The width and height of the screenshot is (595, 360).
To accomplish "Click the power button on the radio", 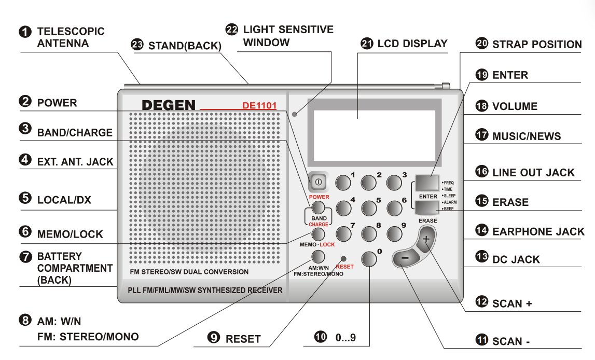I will (318, 183).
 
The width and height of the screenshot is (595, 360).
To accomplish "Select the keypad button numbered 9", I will (395, 233).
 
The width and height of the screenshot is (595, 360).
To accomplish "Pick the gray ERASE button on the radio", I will (426, 208).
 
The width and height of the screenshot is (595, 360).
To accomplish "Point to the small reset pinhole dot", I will (343, 258).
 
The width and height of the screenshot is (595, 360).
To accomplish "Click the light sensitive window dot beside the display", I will (294, 114).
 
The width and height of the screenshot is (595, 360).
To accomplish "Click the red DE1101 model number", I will (259, 106).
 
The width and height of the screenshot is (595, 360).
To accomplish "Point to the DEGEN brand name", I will (169, 105).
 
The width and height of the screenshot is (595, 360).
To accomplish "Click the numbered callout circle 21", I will (367, 44).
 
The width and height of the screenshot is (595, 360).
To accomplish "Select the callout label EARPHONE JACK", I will (538, 231).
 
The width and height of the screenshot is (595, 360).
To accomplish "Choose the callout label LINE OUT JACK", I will (533, 173).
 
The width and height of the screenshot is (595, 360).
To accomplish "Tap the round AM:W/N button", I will (318, 256).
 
